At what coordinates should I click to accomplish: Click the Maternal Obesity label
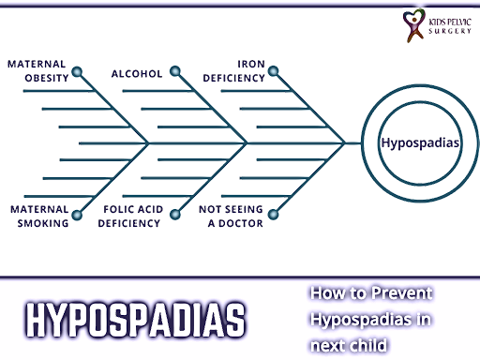coord(38,71)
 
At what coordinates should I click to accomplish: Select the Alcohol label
coord(136,72)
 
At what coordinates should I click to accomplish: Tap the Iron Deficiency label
coord(234,71)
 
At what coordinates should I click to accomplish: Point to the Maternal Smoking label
coord(38,217)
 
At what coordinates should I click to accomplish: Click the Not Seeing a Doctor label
coord(231,217)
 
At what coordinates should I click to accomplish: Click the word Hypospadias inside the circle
coord(421,143)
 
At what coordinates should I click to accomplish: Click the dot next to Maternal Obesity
coord(77,72)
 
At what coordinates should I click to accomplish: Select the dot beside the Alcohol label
coord(172,72)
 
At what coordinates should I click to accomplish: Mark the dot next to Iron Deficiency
coord(272,72)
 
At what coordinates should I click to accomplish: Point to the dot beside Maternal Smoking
coord(77,217)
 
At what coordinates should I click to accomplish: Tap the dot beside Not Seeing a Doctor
coord(272,217)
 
